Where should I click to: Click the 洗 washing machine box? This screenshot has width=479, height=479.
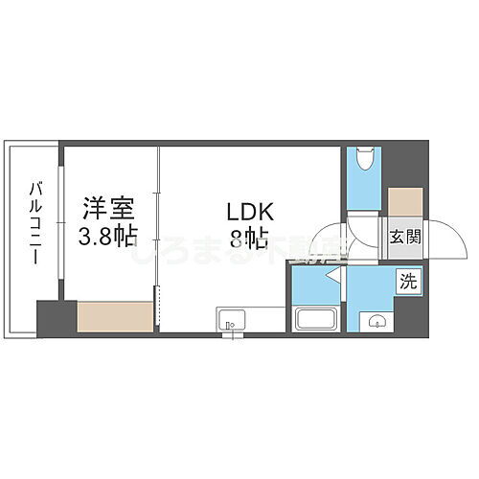point(408,282)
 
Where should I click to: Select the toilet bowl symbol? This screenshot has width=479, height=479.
point(363,161)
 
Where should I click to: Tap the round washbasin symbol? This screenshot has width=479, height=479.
point(376,319)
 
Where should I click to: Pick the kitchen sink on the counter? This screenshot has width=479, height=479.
point(231,321)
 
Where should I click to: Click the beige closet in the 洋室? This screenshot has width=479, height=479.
point(115,315)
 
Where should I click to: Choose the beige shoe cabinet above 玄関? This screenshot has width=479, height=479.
point(403,201)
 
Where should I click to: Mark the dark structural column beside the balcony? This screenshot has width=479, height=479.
point(56,318)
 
